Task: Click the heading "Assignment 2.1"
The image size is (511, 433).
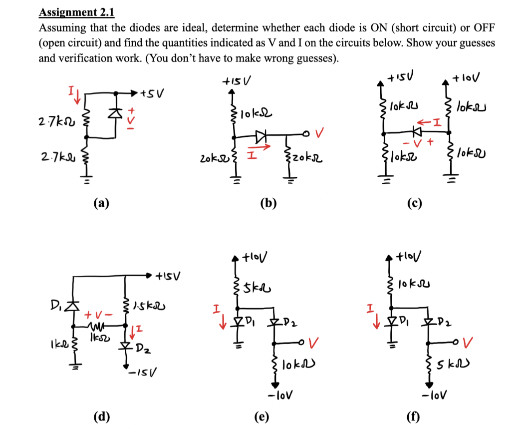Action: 76,12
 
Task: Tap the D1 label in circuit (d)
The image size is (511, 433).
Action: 57,303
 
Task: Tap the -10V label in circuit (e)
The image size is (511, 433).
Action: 276,397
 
